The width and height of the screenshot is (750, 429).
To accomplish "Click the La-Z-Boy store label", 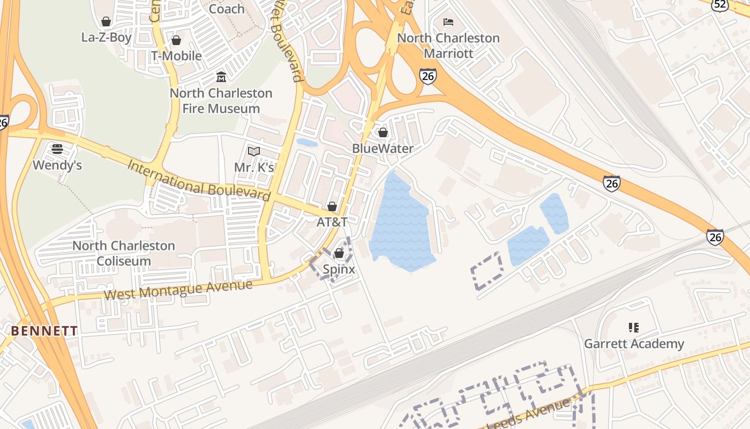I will coord(106,38).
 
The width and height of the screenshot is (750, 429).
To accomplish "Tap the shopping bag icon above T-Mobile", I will coord(176,40).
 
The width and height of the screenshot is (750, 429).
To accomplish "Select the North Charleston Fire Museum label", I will coord(221,100).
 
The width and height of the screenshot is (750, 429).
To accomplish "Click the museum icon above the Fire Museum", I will coord(221,77).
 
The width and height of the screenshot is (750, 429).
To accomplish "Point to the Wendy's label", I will coord(57,165).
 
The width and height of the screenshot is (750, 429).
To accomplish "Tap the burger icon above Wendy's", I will coord(57,149).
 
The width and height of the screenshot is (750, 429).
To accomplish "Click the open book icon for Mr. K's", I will coord(254,152).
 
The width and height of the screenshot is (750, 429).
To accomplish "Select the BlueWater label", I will coord(382,149).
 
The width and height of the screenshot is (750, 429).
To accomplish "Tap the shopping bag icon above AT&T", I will coord(332,206).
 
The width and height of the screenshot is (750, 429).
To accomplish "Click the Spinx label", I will coord(339,269).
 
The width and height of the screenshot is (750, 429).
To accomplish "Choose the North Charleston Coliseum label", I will coord(124,253).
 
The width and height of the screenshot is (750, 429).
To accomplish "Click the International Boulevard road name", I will coord(199,180).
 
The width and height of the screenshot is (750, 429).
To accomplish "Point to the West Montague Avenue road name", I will coord(178,290).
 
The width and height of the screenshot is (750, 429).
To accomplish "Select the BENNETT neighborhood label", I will coord(44,331).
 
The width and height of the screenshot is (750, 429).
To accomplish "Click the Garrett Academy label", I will coord(634,344).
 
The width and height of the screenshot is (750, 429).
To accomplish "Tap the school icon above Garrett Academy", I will coord(634,327).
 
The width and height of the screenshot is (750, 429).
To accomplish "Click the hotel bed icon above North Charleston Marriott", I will coord(448,22).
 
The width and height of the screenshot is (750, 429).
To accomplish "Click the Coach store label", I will coord(227,9).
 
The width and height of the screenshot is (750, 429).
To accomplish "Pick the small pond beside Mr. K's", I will coord(306,143).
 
